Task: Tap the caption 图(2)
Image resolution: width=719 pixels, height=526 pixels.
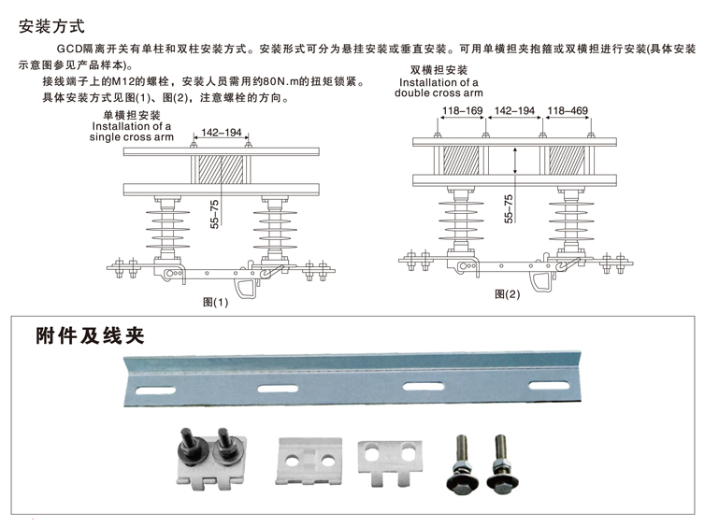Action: (x=507, y=295)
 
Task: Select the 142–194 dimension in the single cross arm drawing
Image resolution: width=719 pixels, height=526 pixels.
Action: (x=221, y=134)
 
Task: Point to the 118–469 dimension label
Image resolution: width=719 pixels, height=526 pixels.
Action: (x=568, y=111)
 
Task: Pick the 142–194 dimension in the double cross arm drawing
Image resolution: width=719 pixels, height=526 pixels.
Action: (x=514, y=111)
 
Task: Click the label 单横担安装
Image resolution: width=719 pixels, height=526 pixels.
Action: (x=132, y=115)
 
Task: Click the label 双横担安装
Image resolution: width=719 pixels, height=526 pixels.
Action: (x=439, y=71)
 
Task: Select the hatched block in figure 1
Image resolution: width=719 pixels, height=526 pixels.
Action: (x=221, y=169)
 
